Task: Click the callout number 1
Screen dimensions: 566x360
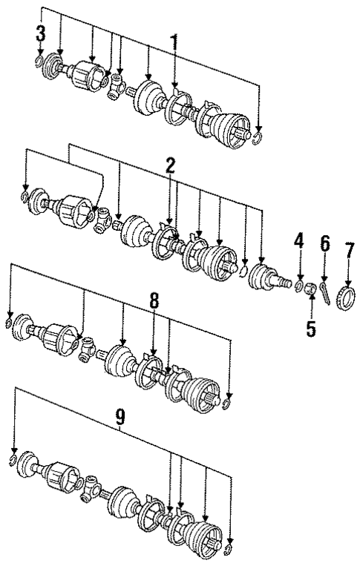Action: click(174, 43)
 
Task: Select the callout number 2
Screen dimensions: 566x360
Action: click(170, 166)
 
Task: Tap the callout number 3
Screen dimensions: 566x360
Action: click(39, 33)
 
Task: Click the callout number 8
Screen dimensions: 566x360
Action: click(154, 300)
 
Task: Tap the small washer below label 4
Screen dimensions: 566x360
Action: click(299, 286)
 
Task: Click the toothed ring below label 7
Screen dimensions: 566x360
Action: click(347, 283)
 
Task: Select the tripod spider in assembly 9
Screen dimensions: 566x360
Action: click(94, 487)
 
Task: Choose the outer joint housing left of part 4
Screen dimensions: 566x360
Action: click(265, 280)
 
